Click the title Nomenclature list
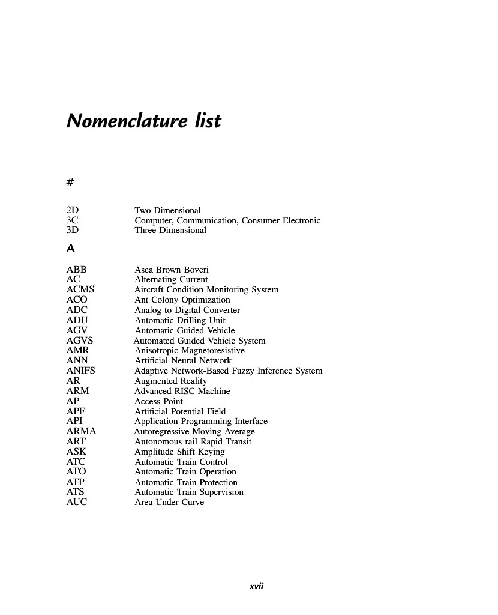point(144,121)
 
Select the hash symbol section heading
point(71,181)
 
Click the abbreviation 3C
point(73,220)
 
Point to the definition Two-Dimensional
point(167,210)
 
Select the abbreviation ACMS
point(80,289)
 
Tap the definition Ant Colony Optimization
point(182,300)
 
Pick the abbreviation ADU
point(77,320)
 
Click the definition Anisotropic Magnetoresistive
point(190,350)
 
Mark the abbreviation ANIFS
point(81,371)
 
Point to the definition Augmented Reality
point(170,381)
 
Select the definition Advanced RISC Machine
point(182,391)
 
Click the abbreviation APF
point(75,411)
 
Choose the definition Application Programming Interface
point(201,421)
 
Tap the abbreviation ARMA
point(82,431)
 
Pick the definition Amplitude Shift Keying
point(179,452)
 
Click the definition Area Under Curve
point(169,502)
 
